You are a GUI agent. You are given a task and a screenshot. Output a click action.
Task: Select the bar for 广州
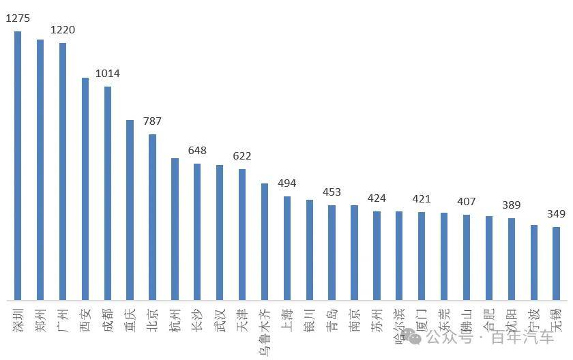pos(63,171)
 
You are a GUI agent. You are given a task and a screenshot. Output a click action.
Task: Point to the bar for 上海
pos(287,248)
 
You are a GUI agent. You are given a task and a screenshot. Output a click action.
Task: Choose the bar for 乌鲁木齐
pos(265,241)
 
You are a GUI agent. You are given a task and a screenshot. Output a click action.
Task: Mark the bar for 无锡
pos(556,263)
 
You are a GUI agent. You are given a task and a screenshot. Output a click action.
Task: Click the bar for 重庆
pos(130,210)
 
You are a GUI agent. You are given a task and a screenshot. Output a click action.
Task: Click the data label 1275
pos(17,18)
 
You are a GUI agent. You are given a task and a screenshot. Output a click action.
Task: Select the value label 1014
pos(108,74)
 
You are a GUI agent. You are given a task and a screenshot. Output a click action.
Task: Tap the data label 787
pos(152,121)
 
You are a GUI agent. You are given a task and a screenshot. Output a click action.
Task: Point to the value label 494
pos(287,183)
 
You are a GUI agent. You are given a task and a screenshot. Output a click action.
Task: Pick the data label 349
pos(556,214)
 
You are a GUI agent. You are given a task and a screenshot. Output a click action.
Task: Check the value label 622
pos(242,156)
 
